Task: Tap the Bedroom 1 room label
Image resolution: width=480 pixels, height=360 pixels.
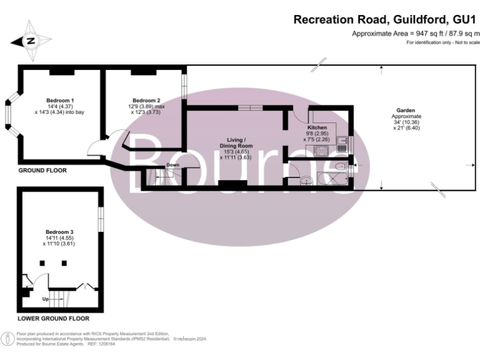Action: [x=60, y=101]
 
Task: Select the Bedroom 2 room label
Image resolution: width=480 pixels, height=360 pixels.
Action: [x=146, y=101]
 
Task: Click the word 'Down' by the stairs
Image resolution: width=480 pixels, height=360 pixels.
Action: [x=172, y=166]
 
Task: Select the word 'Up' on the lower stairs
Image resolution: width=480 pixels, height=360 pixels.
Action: [x=46, y=299]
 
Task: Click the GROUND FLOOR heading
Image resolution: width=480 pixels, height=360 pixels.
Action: [x=42, y=170]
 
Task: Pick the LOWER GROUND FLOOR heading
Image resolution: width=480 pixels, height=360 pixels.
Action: [x=53, y=318]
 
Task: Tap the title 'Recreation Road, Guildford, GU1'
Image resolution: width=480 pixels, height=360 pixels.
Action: [x=385, y=20]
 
